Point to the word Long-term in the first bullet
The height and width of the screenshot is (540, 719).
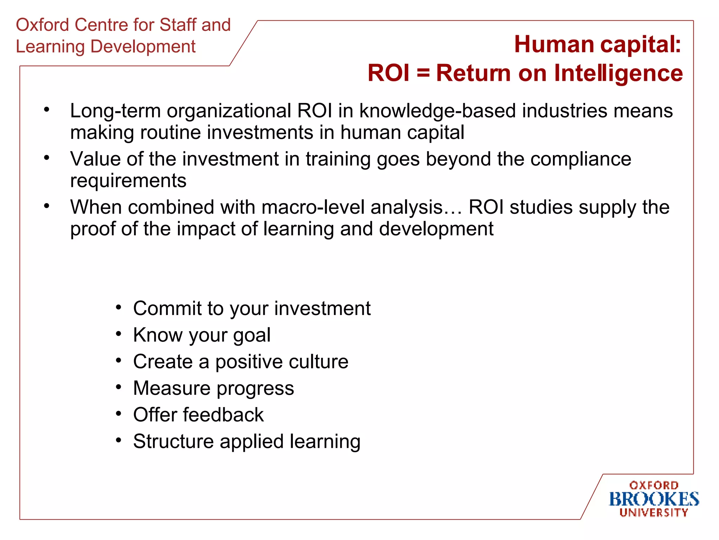pyautogui.click(x=115, y=111)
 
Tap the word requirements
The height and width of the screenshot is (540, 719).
pyautogui.click(x=128, y=181)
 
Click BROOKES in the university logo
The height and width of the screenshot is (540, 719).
pyautogui.click(x=654, y=499)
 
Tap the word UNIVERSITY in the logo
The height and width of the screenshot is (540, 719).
pyautogui.click(x=654, y=513)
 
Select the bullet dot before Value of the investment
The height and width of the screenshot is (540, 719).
pyautogui.click(x=47, y=158)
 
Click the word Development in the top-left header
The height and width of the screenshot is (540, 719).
pyautogui.click(x=143, y=47)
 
